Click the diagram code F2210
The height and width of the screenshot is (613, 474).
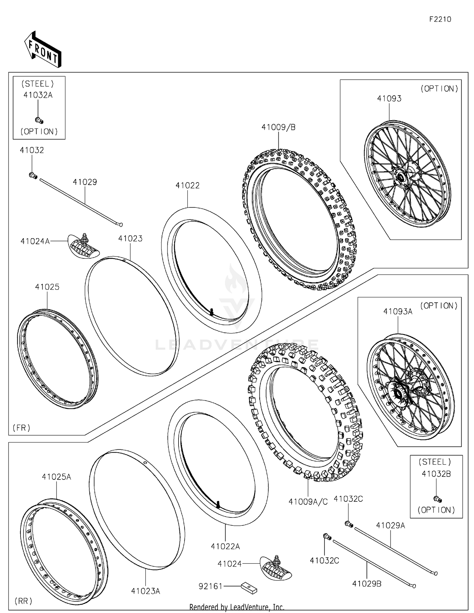(x=440, y=19)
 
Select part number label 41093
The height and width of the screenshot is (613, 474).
(x=389, y=99)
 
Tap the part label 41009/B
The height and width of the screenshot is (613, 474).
(x=278, y=127)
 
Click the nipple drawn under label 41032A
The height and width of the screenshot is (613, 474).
(x=39, y=120)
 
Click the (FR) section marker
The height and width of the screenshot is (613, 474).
(x=21, y=428)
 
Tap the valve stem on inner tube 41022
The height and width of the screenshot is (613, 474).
(x=211, y=312)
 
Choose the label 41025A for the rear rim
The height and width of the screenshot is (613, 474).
(x=57, y=477)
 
